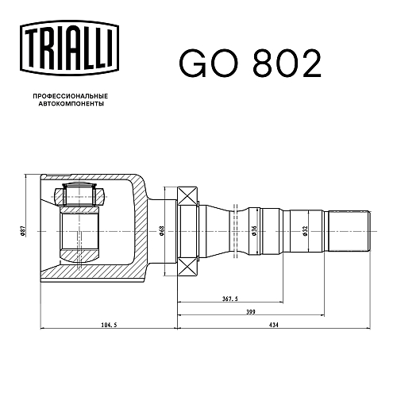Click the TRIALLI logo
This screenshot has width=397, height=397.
(x=69, y=48)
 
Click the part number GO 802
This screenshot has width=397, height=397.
(x=250, y=64)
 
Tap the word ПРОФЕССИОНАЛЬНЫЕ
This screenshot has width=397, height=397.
(x=71, y=96)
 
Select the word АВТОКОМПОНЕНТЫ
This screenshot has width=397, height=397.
(x=71, y=104)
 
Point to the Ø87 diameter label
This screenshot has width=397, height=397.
(x=23, y=231)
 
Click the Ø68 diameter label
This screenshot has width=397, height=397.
(x=162, y=231)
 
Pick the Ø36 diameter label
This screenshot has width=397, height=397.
(x=254, y=231)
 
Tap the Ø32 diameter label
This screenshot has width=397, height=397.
(x=305, y=231)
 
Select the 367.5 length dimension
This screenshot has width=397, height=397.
(x=229, y=299)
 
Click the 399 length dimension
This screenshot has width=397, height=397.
(x=251, y=312)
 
